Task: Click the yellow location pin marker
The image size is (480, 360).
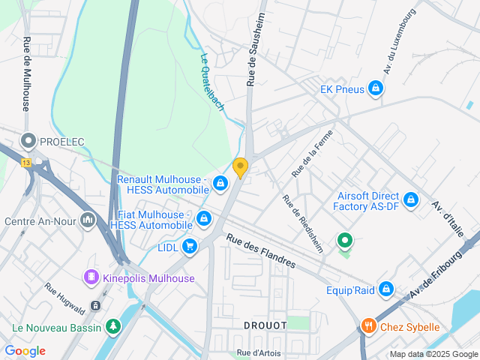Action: [240, 167]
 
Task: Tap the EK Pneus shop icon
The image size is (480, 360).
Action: [376, 90]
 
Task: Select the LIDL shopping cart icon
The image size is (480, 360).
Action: [190, 245]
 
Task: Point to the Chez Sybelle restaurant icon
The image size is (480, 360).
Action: [367, 326]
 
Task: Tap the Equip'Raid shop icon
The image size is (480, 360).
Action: [385, 289]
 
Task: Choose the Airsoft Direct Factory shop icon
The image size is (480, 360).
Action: [410, 200]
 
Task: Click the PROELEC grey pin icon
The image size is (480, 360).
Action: [29, 141]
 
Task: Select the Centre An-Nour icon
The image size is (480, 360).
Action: [88, 221]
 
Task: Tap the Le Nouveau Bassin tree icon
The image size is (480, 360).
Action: [112, 326]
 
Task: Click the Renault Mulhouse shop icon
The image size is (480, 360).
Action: [220, 182]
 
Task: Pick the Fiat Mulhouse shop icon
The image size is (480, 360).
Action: [203, 218]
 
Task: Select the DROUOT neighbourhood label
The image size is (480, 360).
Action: [265, 325]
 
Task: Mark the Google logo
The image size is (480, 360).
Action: [25, 351]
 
